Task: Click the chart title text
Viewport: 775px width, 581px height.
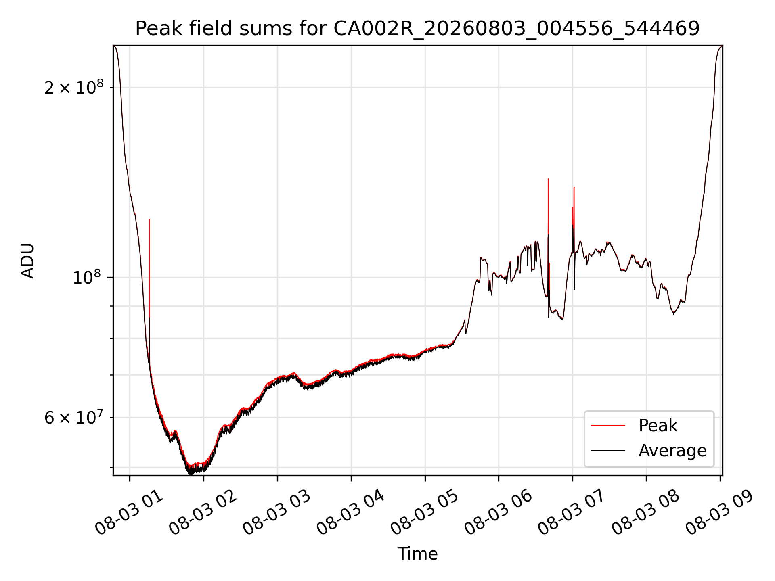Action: [417, 29]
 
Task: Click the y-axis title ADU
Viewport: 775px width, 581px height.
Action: [27, 261]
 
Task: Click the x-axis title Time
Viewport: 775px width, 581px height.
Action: [417, 554]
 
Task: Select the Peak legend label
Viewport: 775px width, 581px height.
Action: [658, 426]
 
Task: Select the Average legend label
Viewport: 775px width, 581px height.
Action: [672, 451]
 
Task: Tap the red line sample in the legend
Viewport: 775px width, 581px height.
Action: [608, 425]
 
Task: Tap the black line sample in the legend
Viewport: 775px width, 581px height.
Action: [608, 450]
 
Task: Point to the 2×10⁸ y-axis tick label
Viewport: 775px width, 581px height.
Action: [74, 87]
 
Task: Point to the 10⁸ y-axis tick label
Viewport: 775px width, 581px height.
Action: [88, 277]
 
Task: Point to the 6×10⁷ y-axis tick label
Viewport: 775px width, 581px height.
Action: [74, 417]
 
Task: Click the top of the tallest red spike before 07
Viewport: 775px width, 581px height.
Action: [548, 179]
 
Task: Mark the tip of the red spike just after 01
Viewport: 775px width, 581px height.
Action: [149, 219]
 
